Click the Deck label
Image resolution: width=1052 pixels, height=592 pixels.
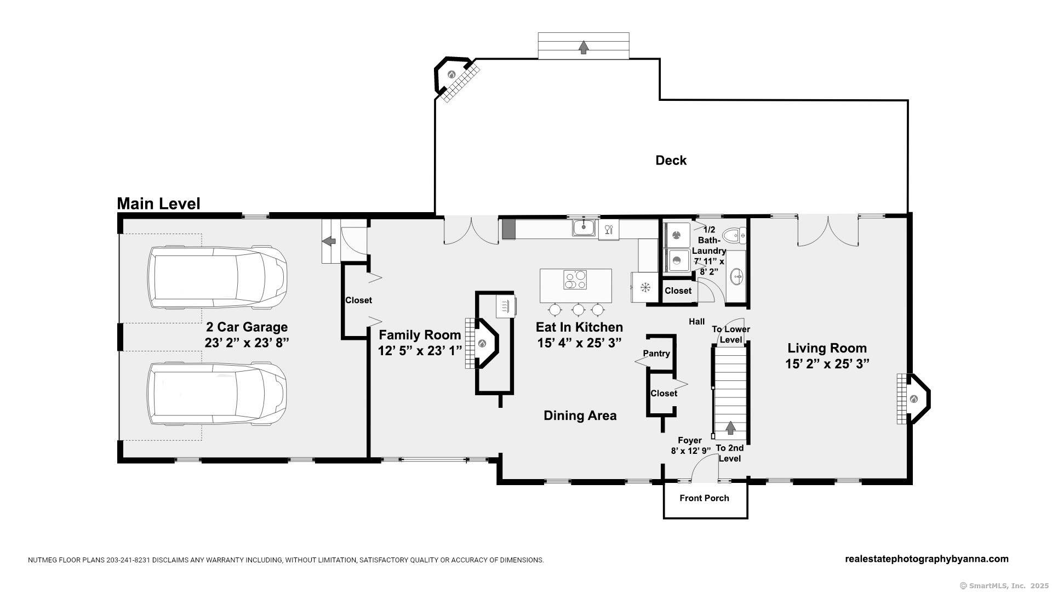[671, 160]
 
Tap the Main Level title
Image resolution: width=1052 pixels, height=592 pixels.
[158, 204]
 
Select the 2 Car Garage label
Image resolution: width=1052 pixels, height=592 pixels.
[247, 327]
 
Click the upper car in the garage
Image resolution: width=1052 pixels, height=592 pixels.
[216, 276]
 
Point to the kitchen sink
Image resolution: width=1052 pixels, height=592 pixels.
[585, 227]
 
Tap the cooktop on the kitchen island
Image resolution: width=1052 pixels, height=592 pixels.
[575, 280]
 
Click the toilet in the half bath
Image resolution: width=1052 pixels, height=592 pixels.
[734, 236]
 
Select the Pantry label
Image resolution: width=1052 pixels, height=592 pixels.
[656, 354]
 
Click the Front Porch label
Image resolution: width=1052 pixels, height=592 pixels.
[704, 498]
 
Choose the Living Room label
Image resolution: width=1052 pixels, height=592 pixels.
[827, 348]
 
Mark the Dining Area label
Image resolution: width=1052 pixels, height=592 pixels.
[580, 415]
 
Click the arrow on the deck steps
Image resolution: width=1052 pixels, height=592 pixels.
[584, 47]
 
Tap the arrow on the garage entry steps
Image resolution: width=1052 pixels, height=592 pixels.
[329, 241]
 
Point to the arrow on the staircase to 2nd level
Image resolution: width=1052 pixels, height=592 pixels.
[730, 428]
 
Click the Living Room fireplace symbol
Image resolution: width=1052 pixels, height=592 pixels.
[914, 399]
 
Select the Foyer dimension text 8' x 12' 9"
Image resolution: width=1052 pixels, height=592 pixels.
[690, 451]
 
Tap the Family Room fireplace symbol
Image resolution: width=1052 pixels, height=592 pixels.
[482, 343]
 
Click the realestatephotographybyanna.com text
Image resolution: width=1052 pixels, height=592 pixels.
[927, 559]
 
